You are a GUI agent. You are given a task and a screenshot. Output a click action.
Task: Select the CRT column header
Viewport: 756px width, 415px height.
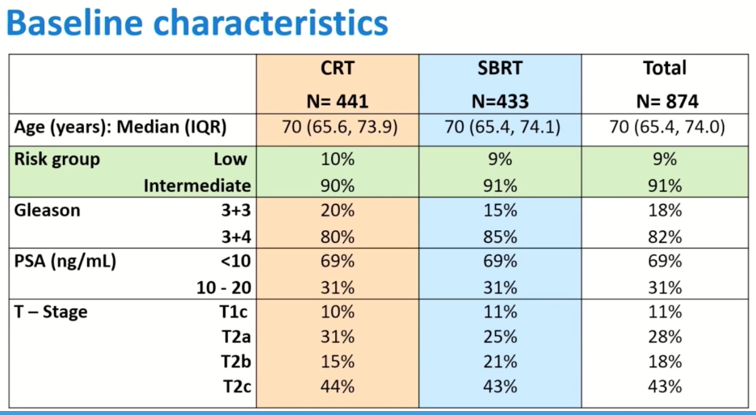point(338,68)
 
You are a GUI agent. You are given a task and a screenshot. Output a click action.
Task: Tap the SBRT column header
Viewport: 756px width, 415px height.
point(500,68)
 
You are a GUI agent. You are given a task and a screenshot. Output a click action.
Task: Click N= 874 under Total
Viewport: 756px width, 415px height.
point(667,101)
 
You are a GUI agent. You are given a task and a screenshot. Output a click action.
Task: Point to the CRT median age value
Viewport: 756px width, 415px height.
point(340,128)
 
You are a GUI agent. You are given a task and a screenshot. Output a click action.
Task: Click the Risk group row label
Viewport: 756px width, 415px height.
point(57,159)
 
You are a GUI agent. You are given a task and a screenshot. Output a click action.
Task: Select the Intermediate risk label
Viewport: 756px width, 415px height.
point(197,186)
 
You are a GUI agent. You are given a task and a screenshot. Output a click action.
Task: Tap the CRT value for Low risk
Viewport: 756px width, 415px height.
point(338,159)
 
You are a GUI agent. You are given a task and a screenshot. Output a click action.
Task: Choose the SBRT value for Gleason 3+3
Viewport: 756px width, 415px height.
point(500,210)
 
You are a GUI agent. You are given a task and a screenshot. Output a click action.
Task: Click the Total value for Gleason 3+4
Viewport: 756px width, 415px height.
point(665,237)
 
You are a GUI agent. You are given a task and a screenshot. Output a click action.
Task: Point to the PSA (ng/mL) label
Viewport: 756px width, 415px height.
point(65,262)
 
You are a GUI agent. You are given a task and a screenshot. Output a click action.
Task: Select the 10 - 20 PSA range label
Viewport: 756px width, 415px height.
point(224,287)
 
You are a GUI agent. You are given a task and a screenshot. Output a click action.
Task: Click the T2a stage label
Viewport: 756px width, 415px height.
point(236,337)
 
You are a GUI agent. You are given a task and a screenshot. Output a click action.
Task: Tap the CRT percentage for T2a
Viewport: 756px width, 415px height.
point(338,337)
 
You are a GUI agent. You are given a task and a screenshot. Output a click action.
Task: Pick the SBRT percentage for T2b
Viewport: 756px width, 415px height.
point(500,362)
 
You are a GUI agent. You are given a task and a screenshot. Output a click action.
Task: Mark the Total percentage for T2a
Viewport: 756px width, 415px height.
point(665,337)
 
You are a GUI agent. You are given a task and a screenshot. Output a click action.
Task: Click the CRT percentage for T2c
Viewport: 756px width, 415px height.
point(338,387)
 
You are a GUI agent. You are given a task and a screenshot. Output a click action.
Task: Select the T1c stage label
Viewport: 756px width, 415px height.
point(234,312)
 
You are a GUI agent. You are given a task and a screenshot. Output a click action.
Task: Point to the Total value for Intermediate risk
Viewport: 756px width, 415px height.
point(665,186)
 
